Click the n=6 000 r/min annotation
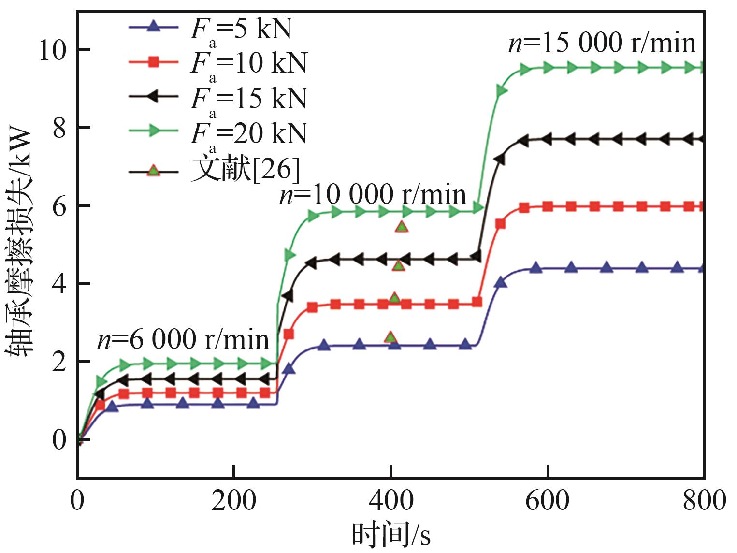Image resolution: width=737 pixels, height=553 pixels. coord(183,339)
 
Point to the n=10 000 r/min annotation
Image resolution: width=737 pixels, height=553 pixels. coord(373,195)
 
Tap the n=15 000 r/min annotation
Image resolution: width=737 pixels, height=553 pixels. coord(602,43)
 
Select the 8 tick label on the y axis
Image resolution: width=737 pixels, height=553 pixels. coord(59,129)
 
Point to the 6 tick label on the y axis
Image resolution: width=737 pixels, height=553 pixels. coord(59,206)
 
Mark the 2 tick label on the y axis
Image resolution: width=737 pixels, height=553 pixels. coord(59,362)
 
